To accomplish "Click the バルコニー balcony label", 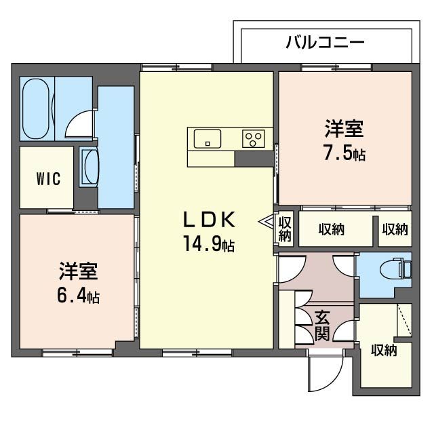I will coord(324,41).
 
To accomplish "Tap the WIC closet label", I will coord(48,179).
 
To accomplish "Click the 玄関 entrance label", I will coord(322,326).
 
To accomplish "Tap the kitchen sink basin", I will coord(208,138).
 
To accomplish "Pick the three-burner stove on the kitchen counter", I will coord(254,139).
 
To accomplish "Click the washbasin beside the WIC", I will coord(90,166).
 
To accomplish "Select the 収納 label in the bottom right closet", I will coord(384,351).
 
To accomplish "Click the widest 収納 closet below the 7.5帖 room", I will coord(331,229).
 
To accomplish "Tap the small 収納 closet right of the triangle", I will coord(285,229).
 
